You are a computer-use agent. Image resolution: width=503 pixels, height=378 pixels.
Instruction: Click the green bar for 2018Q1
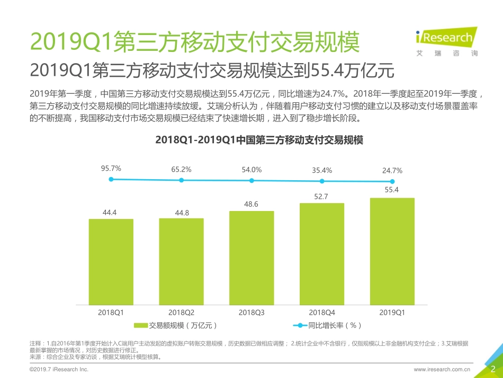click(111, 262)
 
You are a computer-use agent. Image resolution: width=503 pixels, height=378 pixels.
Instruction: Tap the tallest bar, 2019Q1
click(392, 251)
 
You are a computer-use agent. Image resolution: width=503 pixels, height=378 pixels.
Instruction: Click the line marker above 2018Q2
click(181, 180)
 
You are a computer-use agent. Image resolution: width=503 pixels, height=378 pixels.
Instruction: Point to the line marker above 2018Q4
click(322, 181)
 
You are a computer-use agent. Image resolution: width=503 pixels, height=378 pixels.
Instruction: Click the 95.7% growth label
click(111, 169)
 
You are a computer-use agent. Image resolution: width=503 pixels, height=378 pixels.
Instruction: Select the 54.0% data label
click(251, 170)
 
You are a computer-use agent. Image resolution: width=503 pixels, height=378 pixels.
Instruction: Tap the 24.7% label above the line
click(392, 171)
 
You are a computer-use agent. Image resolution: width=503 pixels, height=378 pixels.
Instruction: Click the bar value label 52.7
click(321, 197)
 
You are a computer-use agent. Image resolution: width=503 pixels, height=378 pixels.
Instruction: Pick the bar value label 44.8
click(181, 213)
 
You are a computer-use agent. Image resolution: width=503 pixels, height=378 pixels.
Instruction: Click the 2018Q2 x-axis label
click(181, 313)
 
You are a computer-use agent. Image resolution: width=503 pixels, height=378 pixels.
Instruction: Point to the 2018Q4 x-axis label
click(322, 313)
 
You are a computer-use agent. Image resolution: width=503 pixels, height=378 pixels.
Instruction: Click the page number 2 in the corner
click(493, 369)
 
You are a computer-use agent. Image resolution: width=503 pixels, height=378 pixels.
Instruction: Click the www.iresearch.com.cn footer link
click(442, 369)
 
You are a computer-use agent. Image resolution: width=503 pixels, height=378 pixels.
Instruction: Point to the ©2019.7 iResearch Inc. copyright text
click(59, 369)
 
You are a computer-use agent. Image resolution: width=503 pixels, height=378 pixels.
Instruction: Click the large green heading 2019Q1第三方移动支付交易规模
click(195, 41)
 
